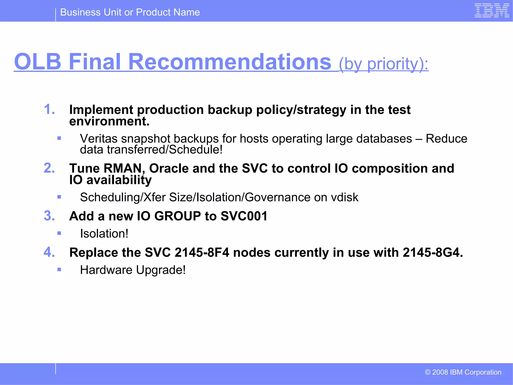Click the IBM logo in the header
[x=492, y=11]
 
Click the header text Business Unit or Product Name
[x=130, y=12]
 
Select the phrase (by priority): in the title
[x=383, y=64]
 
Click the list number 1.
[x=49, y=110]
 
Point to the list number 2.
[x=49, y=168]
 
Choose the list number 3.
[x=49, y=216]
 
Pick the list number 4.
[x=49, y=252]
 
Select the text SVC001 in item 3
[x=244, y=216]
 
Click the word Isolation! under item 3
[x=104, y=234]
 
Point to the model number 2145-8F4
[x=202, y=252]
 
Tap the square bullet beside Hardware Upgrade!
[x=59, y=270]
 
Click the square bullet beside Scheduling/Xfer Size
[x=59, y=197]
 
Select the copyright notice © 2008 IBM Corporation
[x=463, y=372]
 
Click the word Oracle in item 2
[x=169, y=168]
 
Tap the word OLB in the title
[x=38, y=62]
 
